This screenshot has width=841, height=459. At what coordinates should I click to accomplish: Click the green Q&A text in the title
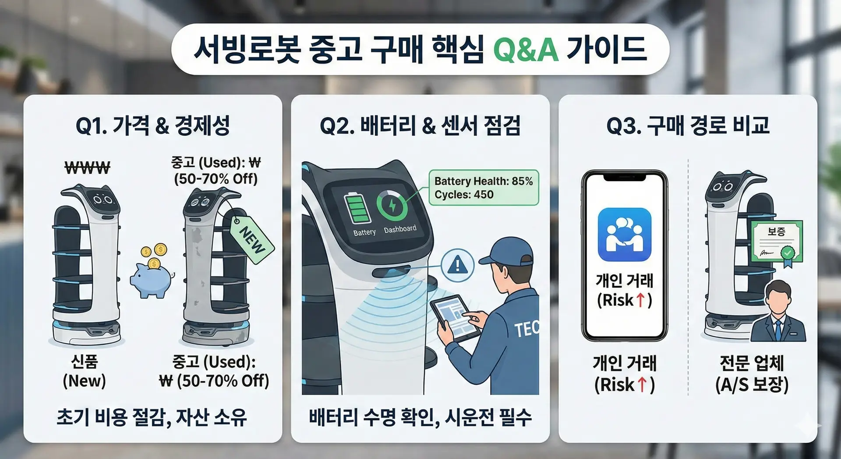(526, 49)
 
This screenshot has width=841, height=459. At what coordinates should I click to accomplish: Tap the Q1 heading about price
(153, 126)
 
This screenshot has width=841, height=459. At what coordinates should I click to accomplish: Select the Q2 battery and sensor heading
(420, 126)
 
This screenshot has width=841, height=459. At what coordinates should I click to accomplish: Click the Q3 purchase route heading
(688, 126)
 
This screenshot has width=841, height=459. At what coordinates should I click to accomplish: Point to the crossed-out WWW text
(88, 167)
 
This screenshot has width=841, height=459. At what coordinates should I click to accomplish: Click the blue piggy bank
(151, 281)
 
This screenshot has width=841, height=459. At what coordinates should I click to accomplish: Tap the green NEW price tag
(252, 239)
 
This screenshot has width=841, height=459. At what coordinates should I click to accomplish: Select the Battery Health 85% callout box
(484, 188)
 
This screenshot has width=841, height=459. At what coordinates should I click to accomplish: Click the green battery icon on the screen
(357, 209)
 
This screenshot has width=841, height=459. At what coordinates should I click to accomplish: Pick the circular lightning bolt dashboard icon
(392, 205)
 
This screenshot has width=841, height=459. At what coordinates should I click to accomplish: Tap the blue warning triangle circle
(458, 265)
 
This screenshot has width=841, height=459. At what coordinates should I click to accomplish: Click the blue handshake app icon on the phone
(625, 235)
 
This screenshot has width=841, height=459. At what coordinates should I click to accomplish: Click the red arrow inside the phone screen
(640, 300)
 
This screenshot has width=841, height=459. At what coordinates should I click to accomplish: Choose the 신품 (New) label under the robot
(85, 371)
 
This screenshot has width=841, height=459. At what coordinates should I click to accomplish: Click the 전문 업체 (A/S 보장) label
(752, 374)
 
